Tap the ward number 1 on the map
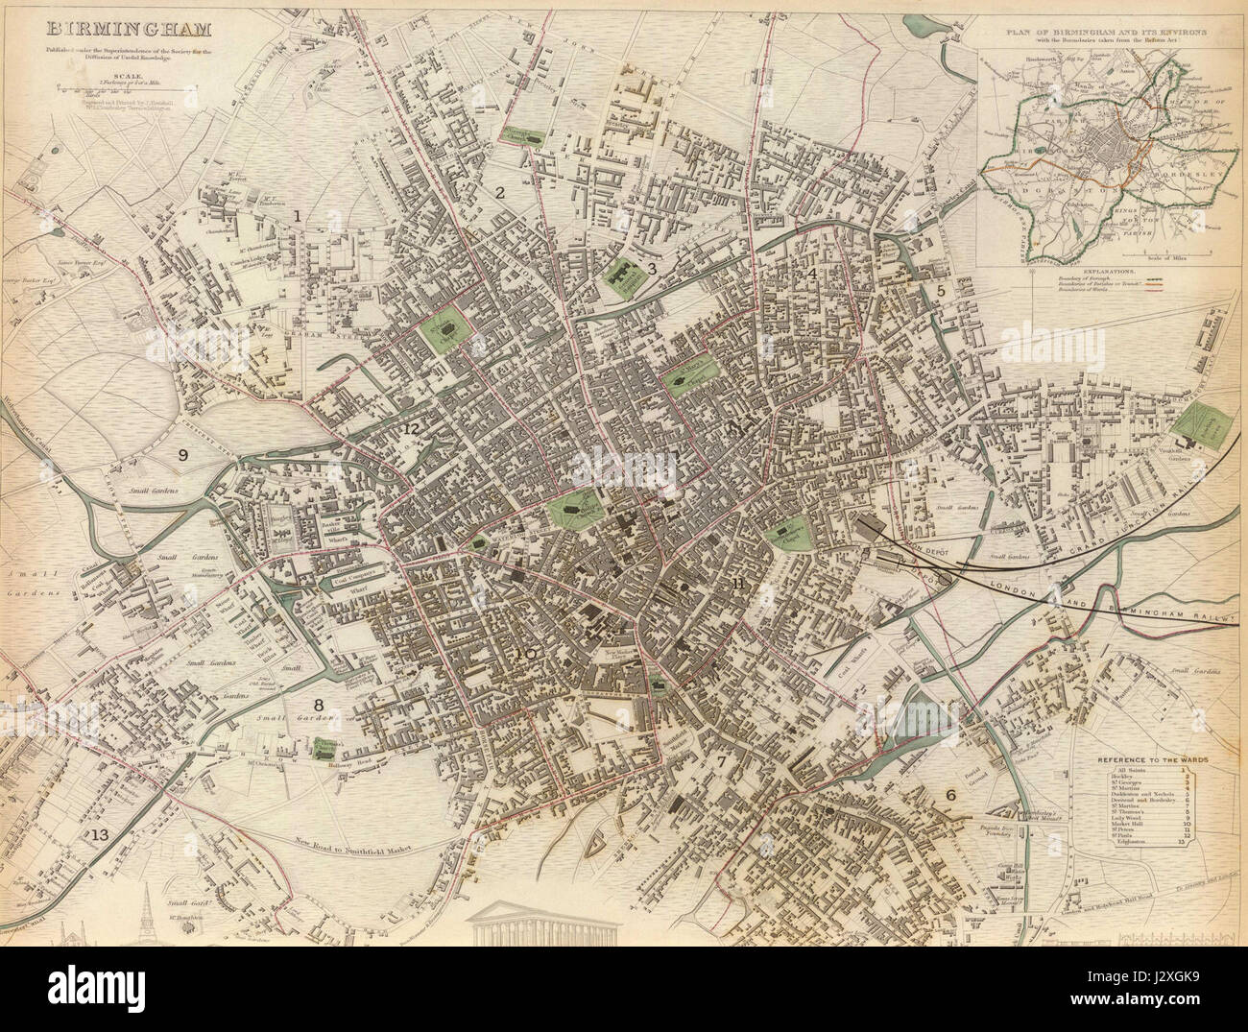[x=299, y=217]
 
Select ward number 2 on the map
[x=499, y=192]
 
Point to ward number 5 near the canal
[x=941, y=289]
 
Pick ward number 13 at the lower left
[x=100, y=835]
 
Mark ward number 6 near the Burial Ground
[x=950, y=794]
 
